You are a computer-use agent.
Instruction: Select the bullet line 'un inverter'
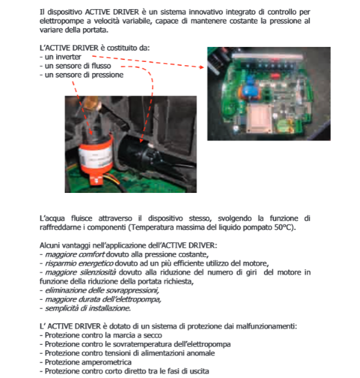coord(60,57)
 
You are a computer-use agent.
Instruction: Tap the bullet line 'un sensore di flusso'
coord(75,66)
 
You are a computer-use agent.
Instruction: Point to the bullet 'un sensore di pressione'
coord(82,75)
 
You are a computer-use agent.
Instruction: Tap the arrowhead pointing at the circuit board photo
coord(202,67)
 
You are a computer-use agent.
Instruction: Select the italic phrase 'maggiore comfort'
coord(75,255)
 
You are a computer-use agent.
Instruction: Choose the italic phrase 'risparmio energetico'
coord(79,263)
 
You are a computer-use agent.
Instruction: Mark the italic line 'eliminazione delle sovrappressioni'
coord(102,291)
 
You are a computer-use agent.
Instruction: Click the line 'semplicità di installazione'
coord(88,308)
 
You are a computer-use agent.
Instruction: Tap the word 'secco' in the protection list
coord(153,336)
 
